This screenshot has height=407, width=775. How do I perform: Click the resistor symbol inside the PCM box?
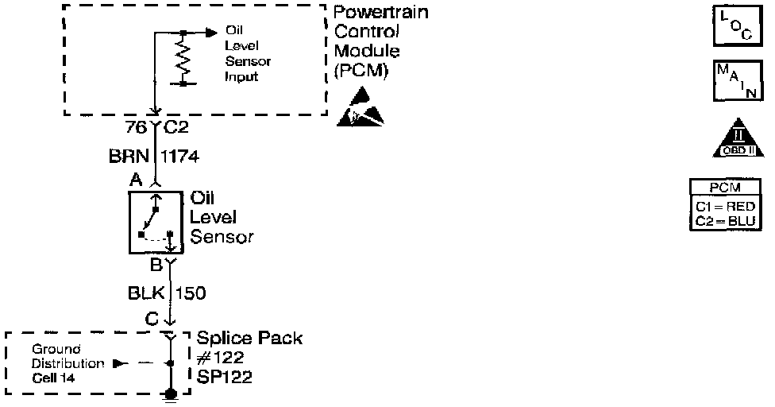(x=183, y=58)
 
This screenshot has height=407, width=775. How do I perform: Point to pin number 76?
(x=135, y=127)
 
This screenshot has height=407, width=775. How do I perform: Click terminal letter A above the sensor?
(x=136, y=181)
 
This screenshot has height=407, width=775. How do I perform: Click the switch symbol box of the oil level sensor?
(x=156, y=221)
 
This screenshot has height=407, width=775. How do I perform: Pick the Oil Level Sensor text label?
(x=222, y=217)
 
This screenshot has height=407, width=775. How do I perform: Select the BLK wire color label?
(x=145, y=293)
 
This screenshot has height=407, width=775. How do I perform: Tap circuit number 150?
(x=191, y=293)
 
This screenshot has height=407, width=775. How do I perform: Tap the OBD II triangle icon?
(x=732, y=140)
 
